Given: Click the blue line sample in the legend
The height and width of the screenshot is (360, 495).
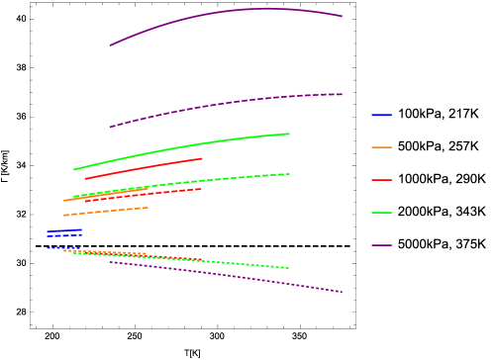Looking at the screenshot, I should (381, 116).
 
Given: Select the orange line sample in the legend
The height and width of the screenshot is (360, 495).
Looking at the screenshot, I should (381, 147).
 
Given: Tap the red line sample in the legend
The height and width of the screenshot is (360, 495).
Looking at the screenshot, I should (381, 180).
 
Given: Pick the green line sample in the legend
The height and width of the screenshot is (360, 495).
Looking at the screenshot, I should (381, 213).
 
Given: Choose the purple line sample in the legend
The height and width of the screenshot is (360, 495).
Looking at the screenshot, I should (381, 245).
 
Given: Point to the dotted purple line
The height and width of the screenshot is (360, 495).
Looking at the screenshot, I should (228, 275).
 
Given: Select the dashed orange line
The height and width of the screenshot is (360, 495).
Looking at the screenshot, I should (104, 212).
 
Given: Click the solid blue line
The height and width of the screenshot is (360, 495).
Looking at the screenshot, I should (65, 230).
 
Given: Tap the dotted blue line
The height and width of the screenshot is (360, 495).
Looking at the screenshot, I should (64, 247).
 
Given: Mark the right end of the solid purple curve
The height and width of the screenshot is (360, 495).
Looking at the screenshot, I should (342, 16).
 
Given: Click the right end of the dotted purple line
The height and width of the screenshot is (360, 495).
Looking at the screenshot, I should (342, 292).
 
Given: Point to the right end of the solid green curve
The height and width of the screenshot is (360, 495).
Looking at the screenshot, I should (289, 134).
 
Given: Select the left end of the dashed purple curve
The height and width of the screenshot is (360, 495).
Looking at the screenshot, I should (110, 127).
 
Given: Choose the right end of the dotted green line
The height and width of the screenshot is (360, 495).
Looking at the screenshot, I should (288, 268).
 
